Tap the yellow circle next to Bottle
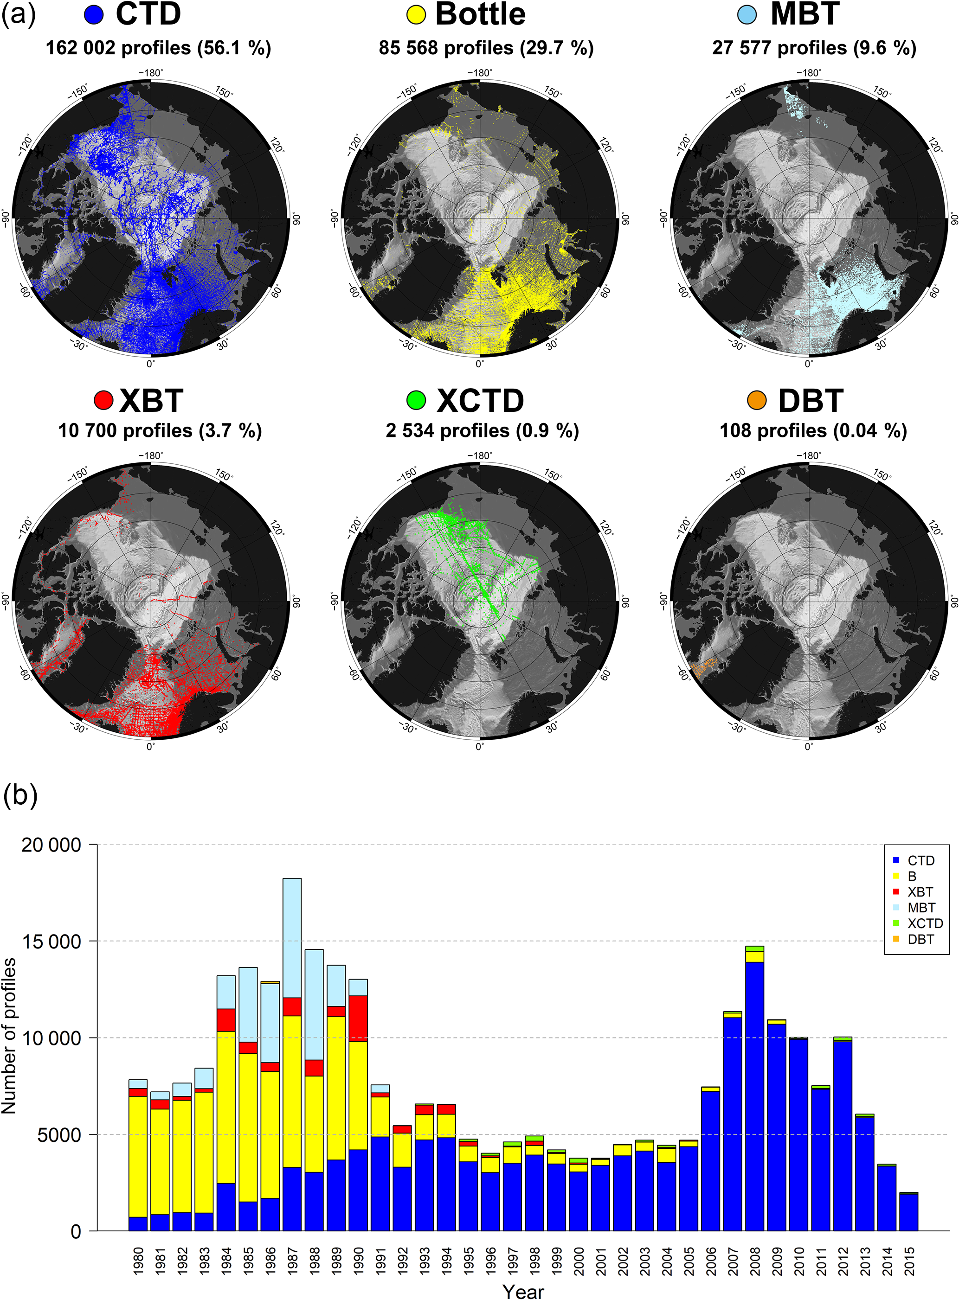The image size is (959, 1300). [x=416, y=14]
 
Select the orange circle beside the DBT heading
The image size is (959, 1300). [x=756, y=400]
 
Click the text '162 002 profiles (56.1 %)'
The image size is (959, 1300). [x=159, y=48]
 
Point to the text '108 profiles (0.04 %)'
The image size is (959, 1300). [x=813, y=430]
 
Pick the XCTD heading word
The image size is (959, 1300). [x=480, y=400]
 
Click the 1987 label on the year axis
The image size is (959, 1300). [x=293, y=1261]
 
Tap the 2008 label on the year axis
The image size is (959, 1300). [x=755, y=1261]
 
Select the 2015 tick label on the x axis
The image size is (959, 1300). [x=909, y=1261]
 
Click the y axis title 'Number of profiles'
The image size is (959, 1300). [x=9, y=1036]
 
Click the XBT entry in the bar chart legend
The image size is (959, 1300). [x=920, y=892]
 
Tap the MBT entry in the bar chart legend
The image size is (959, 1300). [x=921, y=908]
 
